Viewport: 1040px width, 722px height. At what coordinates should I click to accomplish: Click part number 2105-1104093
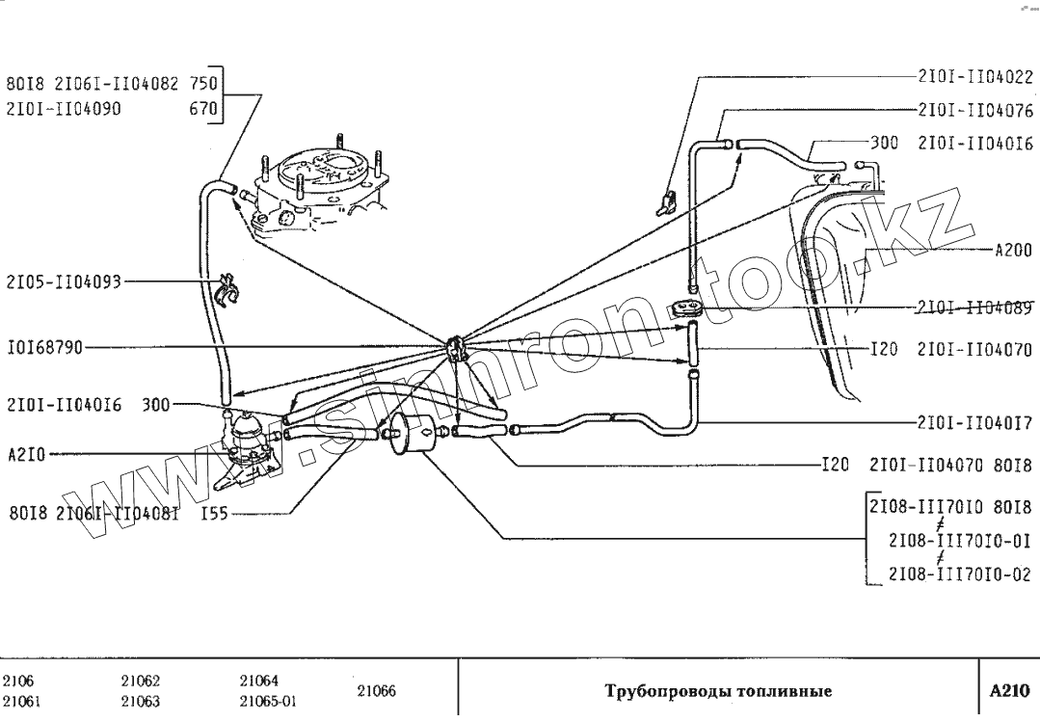click(64, 282)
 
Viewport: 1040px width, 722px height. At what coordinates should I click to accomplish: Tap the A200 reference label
click(1013, 250)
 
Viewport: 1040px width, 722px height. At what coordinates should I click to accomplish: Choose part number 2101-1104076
click(976, 110)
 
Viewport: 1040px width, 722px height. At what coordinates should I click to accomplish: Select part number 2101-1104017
click(976, 421)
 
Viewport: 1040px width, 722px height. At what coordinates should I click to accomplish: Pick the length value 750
click(204, 83)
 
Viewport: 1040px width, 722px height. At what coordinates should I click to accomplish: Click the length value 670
click(204, 109)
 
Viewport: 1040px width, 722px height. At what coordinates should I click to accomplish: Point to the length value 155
click(214, 514)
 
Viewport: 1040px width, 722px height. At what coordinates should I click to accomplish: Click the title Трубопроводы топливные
click(718, 691)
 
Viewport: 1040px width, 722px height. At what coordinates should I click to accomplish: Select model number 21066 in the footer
click(377, 691)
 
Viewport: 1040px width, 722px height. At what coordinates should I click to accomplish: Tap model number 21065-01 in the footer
click(268, 702)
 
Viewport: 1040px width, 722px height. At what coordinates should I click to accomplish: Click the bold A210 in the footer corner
click(1009, 691)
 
